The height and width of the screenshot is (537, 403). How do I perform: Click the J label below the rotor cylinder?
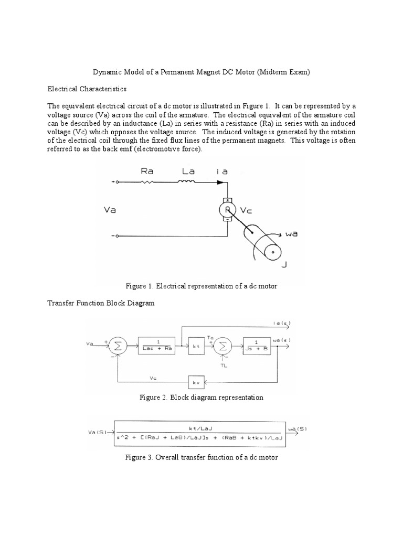click(284, 265)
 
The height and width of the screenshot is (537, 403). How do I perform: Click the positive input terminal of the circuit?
click(117, 182)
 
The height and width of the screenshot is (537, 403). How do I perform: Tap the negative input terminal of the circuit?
click(117, 236)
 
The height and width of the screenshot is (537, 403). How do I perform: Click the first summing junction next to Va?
click(118, 346)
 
